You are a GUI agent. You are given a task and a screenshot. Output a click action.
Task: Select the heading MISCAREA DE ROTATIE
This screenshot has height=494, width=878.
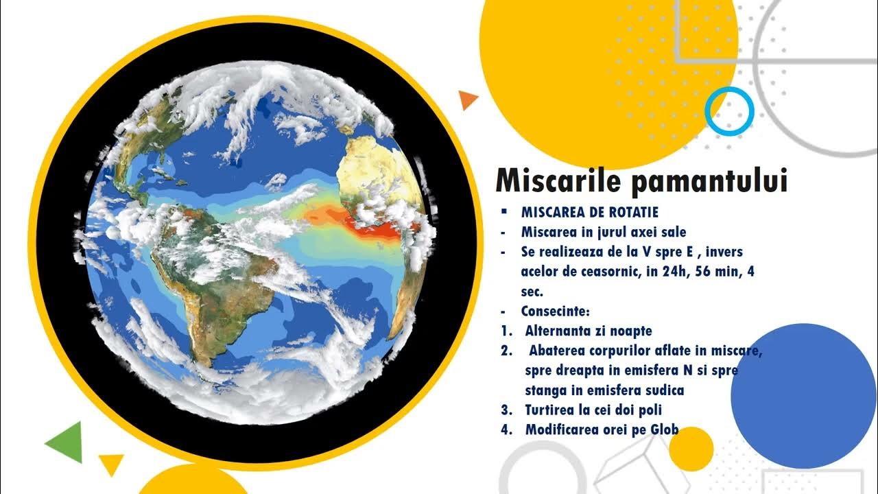point(589,213)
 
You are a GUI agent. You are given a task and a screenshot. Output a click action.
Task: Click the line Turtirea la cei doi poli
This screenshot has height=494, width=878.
point(593,410)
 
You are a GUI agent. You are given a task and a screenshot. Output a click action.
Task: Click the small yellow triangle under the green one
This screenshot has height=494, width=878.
point(110,462)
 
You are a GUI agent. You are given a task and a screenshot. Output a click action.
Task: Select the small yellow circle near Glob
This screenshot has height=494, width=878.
point(691,449)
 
